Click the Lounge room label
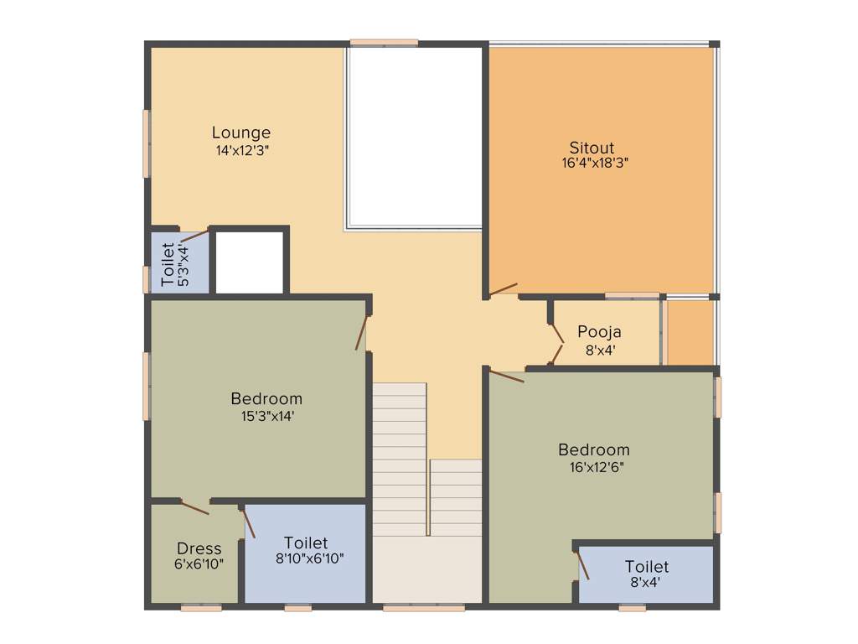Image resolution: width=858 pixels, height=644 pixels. pyautogui.click(x=241, y=132)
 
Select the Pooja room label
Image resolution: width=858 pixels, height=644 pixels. pyautogui.click(x=599, y=332)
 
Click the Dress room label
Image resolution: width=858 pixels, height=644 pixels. pyautogui.click(x=199, y=549)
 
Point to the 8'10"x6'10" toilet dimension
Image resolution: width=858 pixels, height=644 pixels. pyautogui.click(x=305, y=558)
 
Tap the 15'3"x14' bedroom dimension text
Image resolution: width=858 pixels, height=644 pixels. pyautogui.click(x=266, y=415)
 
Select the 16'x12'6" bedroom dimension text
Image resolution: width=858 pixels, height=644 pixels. pyautogui.click(x=594, y=466)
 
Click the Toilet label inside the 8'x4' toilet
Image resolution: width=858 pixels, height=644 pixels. pyautogui.click(x=647, y=568)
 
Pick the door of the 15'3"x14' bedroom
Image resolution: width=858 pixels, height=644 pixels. pyautogui.click(x=362, y=332)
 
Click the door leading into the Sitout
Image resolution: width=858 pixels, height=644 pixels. pyautogui.click(x=503, y=290)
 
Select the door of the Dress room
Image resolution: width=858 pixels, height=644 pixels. pyautogui.click(x=194, y=506)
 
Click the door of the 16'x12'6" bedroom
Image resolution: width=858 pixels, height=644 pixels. pyautogui.click(x=506, y=377)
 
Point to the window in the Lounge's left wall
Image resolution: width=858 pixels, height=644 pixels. pyautogui.click(x=147, y=143)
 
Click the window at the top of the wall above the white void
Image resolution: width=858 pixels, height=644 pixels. pyautogui.click(x=384, y=42)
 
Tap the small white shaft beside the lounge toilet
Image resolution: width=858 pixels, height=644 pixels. pyautogui.click(x=250, y=262)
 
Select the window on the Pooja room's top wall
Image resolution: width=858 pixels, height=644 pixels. pyautogui.click(x=632, y=295)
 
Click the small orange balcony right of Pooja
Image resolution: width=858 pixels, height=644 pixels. pyautogui.click(x=690, y=333)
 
